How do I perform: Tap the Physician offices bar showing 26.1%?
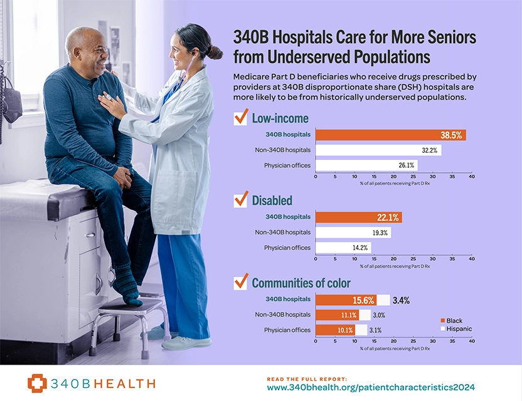coord(366,165)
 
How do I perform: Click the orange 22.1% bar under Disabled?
coord(358,217)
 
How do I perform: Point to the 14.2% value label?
coord(360,247)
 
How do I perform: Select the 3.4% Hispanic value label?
coord(402,300)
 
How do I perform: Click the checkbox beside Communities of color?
coord(240,282)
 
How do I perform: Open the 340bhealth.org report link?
coord(371,388)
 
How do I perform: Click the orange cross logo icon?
coord(37,383)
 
